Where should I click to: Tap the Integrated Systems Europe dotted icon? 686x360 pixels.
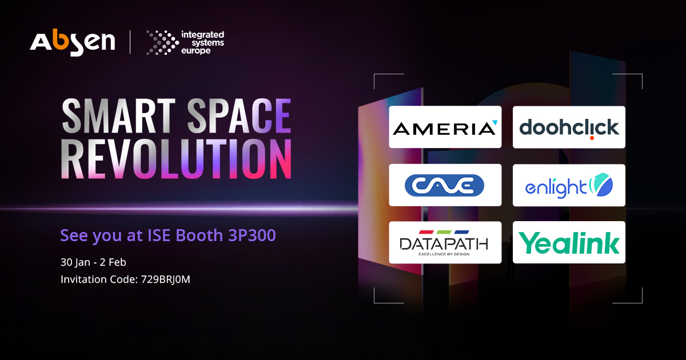[162, 43]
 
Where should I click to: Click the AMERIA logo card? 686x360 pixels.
[445, 127]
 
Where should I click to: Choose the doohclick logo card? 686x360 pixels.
[569, 127]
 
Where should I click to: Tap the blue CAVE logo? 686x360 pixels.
[444, 185]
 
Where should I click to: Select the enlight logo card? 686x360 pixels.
[569, 185]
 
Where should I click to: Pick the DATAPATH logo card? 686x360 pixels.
[445, 243]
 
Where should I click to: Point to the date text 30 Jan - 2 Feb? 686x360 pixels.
[93, 262]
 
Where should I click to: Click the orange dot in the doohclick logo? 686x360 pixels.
[592, 137]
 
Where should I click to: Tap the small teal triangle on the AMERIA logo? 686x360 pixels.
[494, 122]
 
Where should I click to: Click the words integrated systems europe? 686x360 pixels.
[202, 43]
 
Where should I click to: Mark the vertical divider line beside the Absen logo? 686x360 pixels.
[130, 43]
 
